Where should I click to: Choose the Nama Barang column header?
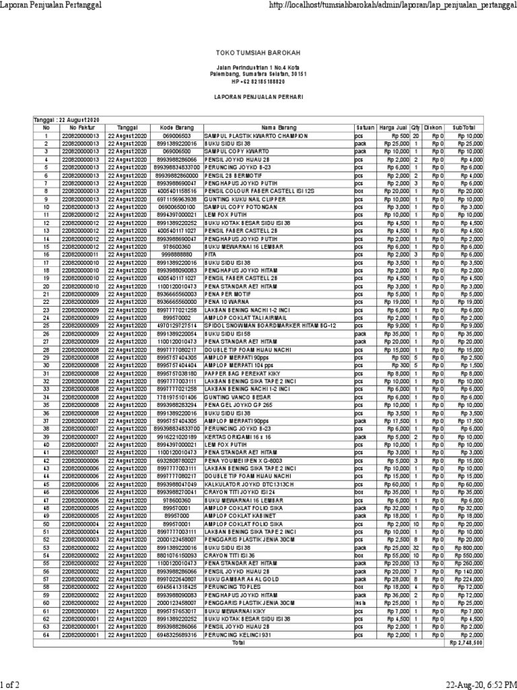click(278, 127)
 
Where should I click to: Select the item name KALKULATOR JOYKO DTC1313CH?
click(243, 503)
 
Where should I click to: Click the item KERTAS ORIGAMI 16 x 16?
click(235, 437)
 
